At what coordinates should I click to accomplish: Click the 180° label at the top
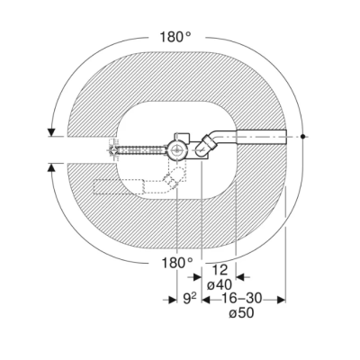click(x=175, y=37)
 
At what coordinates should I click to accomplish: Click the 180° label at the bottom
click(x=177, y=263)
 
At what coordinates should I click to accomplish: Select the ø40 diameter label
click(x=220, y=284)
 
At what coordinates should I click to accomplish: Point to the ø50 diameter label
click(x=241, y=313)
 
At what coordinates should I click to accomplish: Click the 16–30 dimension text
click(x=241, y=299)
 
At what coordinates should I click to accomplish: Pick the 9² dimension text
click(x=189, y=299)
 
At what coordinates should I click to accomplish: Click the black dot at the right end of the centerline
click(x=303, y=137)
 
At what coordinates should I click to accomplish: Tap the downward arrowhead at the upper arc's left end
click(x=52, y=132)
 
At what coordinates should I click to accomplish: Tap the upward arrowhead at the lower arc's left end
click(x=52, y=167)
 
